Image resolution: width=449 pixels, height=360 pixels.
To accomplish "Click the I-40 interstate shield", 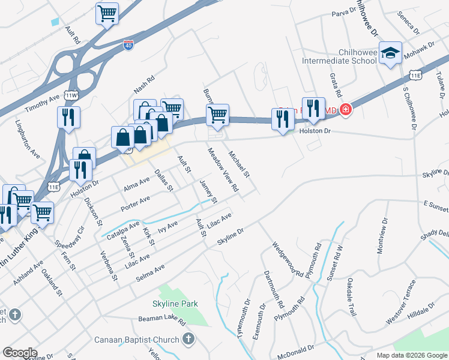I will click(x=128, y=44).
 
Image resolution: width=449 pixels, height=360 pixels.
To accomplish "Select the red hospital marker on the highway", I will click(x=346, y=109).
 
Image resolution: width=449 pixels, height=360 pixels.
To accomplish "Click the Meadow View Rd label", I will click(x=223, y=171).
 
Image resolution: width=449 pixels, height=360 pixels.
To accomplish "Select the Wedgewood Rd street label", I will click(x=287, y=259).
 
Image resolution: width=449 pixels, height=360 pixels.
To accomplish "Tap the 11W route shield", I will click(x=71, y=95).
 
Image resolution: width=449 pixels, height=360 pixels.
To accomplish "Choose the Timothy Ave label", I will click(x=42, y=105).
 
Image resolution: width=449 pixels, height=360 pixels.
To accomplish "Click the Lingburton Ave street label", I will click(x=28, y=141).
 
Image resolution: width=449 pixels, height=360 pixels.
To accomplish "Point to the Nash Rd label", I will click(x=144, y=84).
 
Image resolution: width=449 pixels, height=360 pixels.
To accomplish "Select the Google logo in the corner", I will click(x=20, y=352).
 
